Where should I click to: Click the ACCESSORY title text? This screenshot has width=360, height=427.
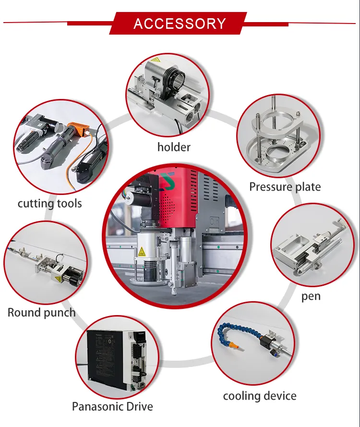tap(180, 24)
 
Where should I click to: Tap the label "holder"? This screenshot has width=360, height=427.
tap(174, 147)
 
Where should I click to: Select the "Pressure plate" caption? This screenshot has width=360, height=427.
tap(285, 186)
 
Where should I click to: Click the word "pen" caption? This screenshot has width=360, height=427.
tap(311, 296)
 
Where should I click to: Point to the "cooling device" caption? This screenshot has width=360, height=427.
tap(260, 396)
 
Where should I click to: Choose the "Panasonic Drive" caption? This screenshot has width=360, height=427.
tap(112, 406)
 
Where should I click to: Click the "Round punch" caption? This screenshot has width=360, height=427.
tap(42, 313)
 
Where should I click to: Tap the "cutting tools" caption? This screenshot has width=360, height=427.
tap(49, 203)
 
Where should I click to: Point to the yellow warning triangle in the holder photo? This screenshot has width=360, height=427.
tap(155, 61)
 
